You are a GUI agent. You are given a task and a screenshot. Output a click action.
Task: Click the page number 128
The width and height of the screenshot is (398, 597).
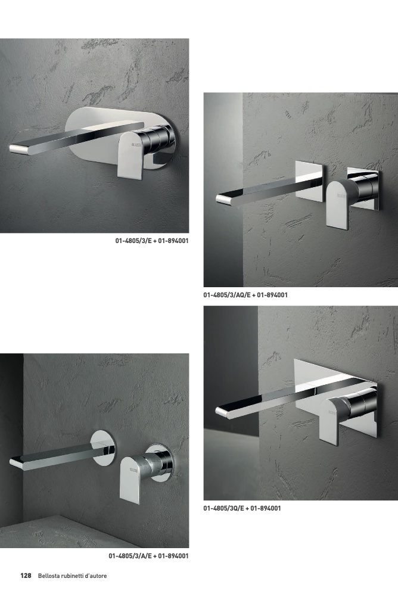tap(26, 576)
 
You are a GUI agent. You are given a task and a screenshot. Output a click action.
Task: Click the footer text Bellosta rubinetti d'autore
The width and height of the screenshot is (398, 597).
tap(72, 576)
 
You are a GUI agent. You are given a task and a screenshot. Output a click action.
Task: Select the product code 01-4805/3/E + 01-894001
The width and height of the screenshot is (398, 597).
tap(151, 241)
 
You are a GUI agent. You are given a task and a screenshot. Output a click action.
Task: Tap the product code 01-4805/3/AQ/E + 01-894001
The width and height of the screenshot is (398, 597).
tap(245, 295)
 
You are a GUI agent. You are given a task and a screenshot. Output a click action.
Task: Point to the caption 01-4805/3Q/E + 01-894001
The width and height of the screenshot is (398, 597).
tap(242, 508)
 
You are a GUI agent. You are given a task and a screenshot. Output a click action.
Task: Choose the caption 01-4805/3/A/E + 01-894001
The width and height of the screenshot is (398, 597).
tap(148, 556)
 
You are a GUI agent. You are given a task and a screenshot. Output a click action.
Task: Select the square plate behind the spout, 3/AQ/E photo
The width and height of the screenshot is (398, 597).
tap(310, 179)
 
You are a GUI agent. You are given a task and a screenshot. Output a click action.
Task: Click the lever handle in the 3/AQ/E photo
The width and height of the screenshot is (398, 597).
tap(338, 204)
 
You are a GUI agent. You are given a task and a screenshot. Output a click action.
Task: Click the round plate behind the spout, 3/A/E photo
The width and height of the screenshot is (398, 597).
tap(104, 448)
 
